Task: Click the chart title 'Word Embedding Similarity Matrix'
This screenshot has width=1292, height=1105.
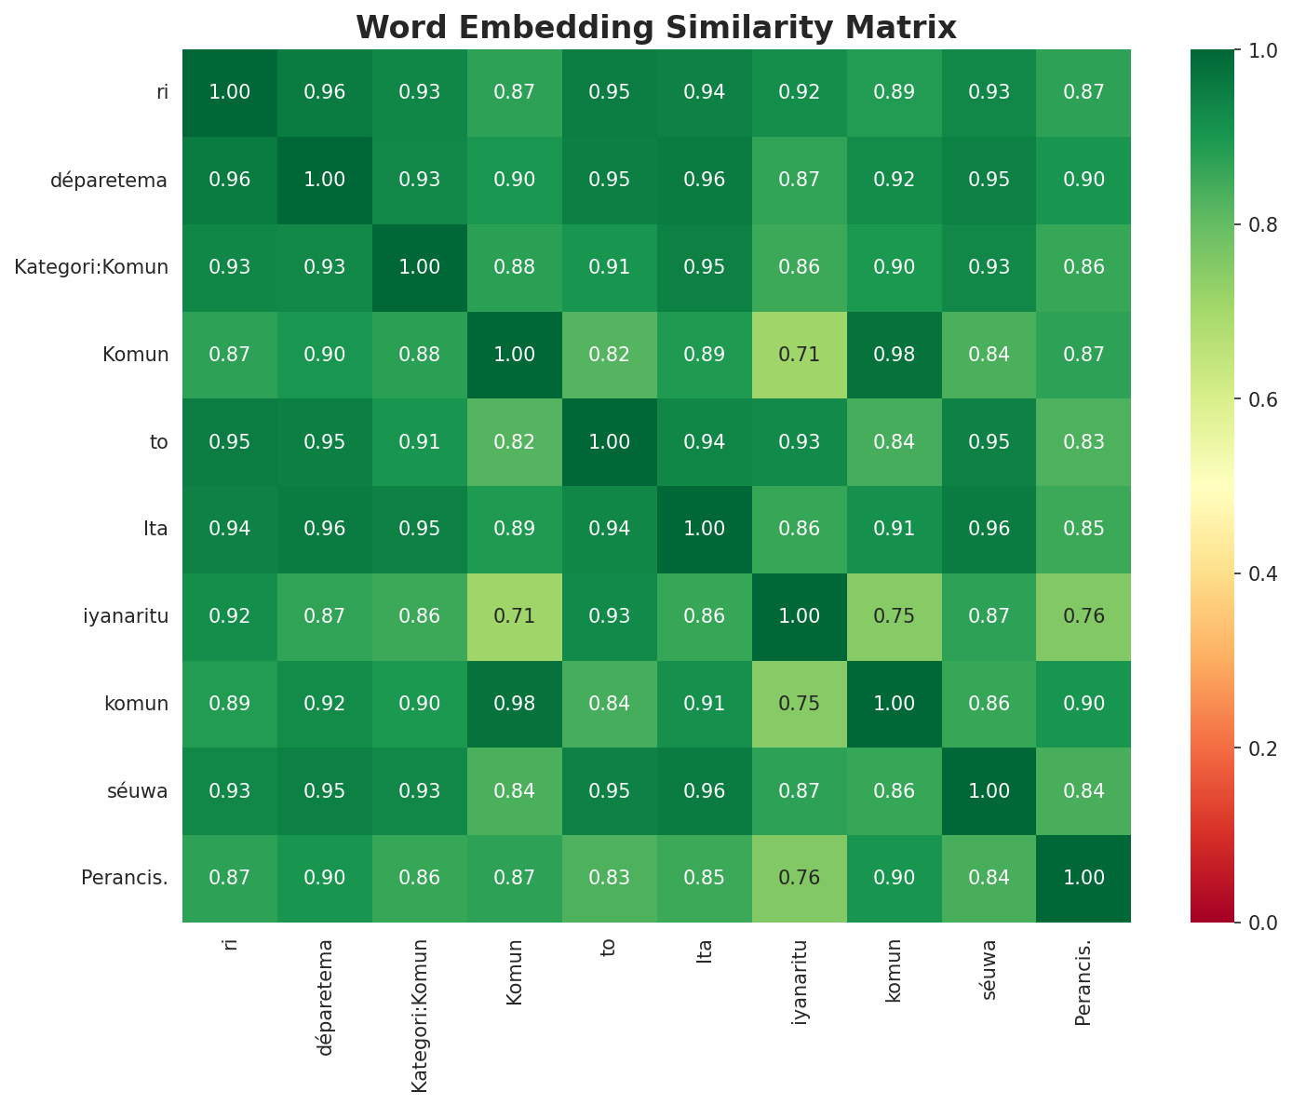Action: coord(656,28)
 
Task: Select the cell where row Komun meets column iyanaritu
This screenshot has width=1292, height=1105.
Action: coord(800,355)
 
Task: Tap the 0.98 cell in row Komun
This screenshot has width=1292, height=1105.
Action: coord(895,355)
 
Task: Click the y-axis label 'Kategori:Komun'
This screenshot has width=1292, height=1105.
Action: coord(91,267)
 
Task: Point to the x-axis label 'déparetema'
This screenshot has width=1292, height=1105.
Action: coord(325,996)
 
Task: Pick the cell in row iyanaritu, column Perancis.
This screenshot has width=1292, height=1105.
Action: coord(1084,616)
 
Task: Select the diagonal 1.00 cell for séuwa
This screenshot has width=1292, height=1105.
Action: coord(989,791)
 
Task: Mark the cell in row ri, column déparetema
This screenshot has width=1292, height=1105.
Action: coord(325,92)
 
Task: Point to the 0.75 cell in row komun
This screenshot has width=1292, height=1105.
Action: coord(800,704)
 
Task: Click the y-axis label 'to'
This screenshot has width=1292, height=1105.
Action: coord(159,442)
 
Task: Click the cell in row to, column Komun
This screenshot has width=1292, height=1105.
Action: coord(515,442)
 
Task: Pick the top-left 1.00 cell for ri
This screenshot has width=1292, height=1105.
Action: coord(230,92)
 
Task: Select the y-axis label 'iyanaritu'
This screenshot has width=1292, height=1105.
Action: coord(126,616)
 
